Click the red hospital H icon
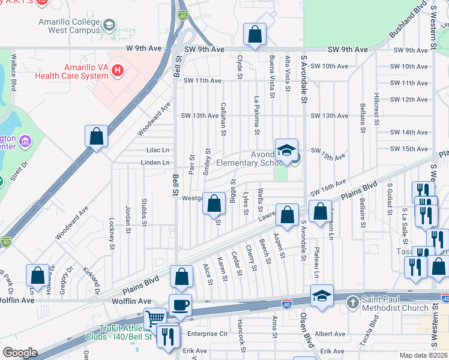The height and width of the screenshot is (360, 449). [x=118, y=70]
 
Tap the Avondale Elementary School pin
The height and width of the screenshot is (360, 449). [x=286, y=150]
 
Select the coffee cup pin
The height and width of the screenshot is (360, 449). [x=180, y=305]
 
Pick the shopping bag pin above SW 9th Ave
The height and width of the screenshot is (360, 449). [x=255, y=35]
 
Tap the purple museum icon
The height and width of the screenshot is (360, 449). [x=25, y=142]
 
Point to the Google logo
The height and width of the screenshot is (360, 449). [x=19, y=353]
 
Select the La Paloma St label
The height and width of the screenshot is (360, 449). [x=257, y=115]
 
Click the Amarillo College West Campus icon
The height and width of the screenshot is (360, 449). [x=109, y=25]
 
